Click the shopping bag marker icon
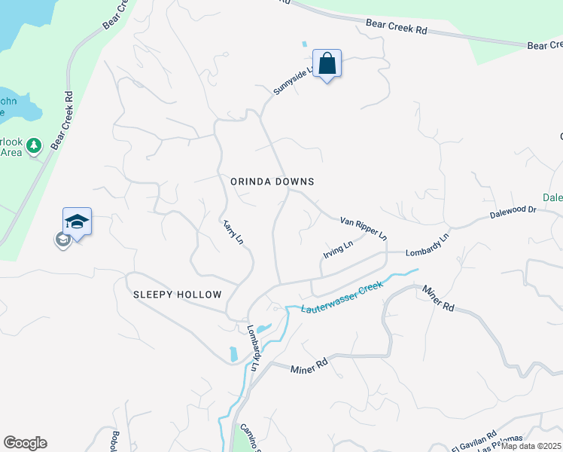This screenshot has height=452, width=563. pos(327,63)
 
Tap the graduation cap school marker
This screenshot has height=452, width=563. pos(77,221)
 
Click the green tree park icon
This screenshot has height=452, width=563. pos(33,145)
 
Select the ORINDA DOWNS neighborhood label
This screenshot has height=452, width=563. pos(272,182)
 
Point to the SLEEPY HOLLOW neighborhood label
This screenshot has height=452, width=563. pos(178,295)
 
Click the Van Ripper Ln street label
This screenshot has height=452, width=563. pos(364,228)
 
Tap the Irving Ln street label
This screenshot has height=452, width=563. pos(338,249)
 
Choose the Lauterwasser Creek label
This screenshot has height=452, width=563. pos(342,298)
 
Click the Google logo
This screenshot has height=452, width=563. pos(25,443)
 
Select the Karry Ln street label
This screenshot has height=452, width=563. pos(233,232)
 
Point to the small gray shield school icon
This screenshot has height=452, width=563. pos(63,240)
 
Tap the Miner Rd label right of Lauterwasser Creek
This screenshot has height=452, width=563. pos(439,298)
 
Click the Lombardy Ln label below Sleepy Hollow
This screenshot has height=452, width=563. pos(253,347)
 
